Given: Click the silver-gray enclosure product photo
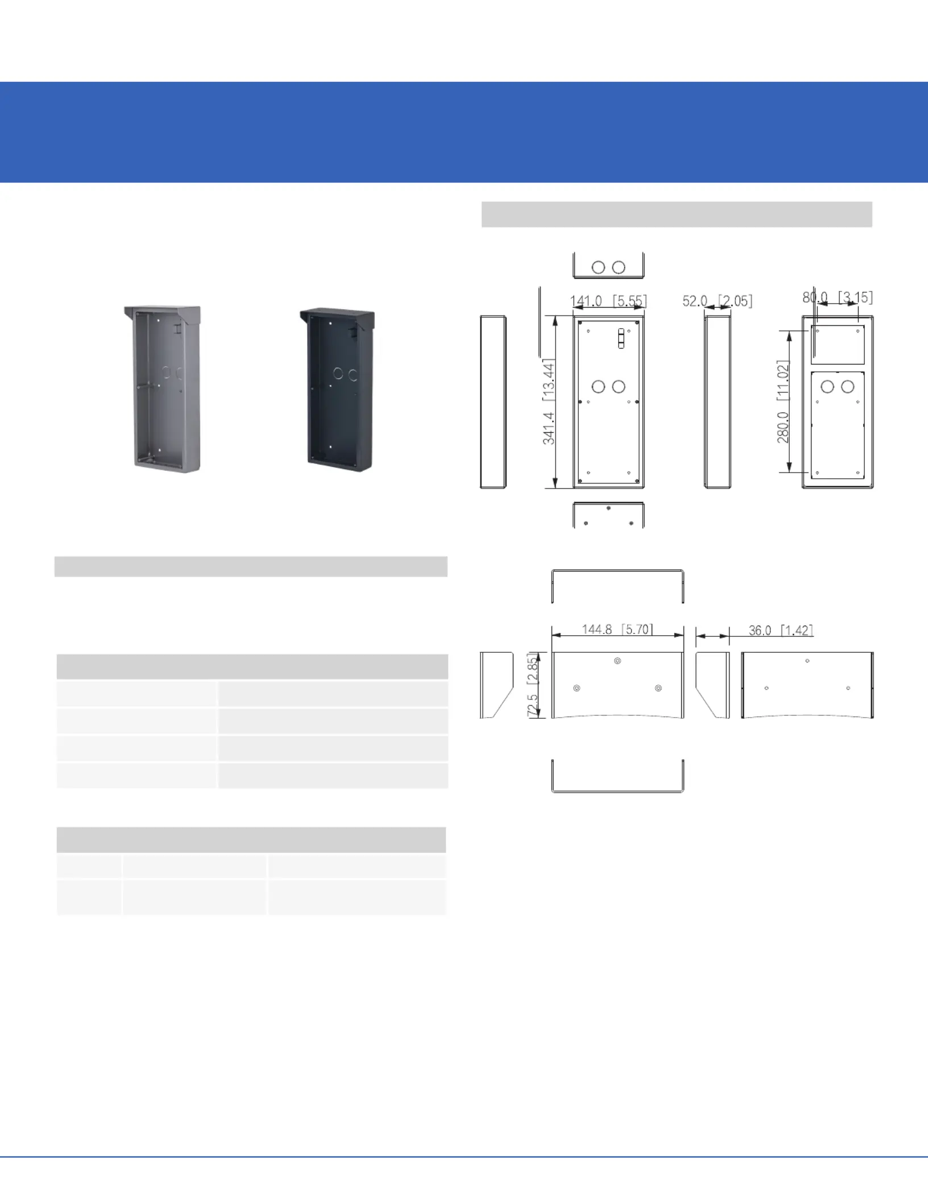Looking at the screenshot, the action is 163,389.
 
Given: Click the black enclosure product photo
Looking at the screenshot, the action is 337,390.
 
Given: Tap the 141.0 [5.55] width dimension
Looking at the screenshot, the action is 608,301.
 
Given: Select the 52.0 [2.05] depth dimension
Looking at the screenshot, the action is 718,301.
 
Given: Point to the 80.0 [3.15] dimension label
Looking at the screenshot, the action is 838,297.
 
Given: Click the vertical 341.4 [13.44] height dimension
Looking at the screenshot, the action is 549,401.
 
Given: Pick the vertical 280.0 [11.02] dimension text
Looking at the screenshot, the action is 783,401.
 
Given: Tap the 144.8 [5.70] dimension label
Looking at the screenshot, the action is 618,630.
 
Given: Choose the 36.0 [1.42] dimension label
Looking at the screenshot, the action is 781,630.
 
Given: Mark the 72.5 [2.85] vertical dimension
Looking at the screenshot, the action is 532,685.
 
